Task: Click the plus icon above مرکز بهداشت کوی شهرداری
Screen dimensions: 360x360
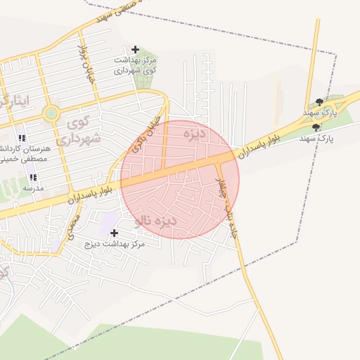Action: [x=136, y=49]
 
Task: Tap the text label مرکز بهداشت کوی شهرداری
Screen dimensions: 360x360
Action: [x=136, y=65]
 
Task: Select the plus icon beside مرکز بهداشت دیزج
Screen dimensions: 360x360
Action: [x=114, y=232]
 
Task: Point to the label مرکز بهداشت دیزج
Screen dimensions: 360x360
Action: [x=114, y=243]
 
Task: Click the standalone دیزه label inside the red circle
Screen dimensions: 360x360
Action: [x=193, y=132]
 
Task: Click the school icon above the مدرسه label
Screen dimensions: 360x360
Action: [x=33, y=177]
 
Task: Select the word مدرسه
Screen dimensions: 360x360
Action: [x=33, y=188]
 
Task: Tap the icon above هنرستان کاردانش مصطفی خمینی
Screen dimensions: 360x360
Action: [x=22, y=138]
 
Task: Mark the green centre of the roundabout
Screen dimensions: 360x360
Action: [x=51, y=113]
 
